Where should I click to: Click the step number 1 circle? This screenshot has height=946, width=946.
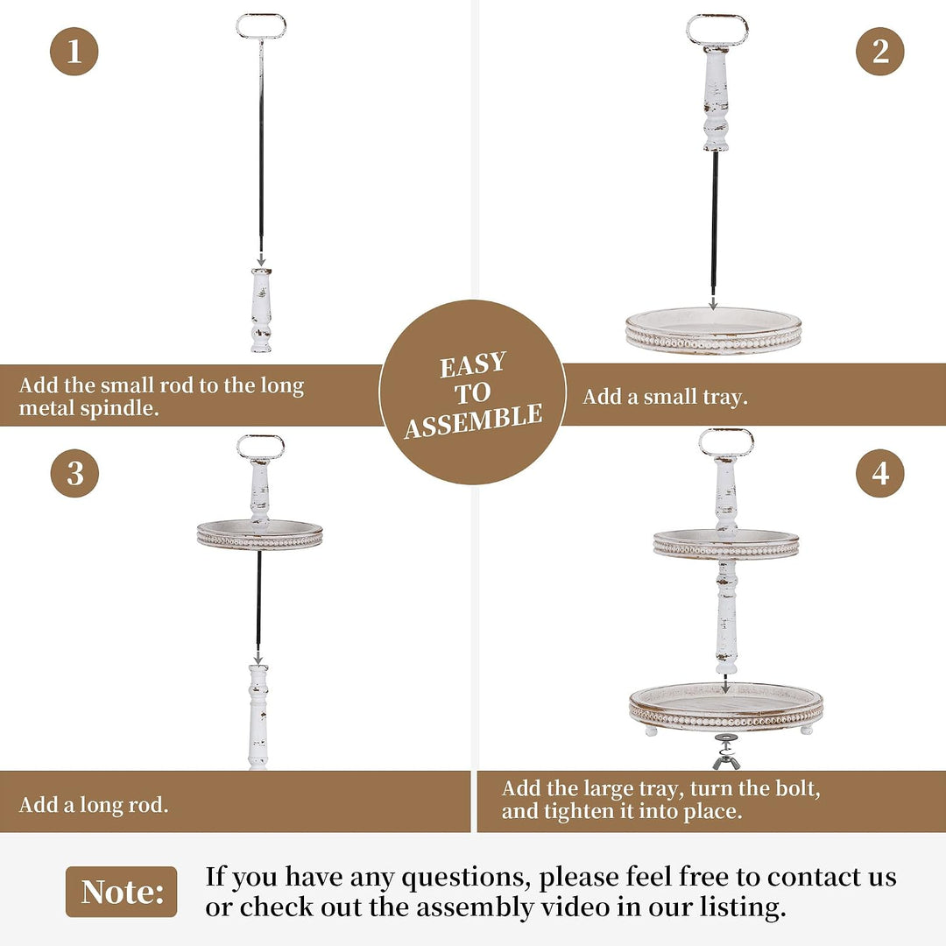[x=74, y=52]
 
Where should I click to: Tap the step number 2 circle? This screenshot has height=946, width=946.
[x=879, y=52]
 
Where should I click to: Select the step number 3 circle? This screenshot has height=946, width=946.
[x=74, y=472]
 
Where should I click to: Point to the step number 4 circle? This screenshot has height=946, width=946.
[x=879, y=472]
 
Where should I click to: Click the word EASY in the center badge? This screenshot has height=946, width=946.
[x=472, y=364]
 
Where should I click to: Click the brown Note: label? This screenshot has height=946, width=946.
[x=121, y=892]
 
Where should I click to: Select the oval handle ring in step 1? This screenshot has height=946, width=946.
[x=261, y=16]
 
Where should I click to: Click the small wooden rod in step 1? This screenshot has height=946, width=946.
[x=261, y=310]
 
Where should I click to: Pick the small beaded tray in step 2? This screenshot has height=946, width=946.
[x=713, y=331]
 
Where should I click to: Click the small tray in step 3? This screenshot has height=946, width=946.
[x=260, y=534]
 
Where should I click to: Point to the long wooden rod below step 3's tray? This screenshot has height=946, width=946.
[x=258, y=717]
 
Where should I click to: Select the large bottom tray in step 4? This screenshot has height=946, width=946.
[x=726, y=707]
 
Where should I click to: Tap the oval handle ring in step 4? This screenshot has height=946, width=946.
[x=726, y=432]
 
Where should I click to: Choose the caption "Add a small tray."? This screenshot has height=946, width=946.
[x=665, y=397]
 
